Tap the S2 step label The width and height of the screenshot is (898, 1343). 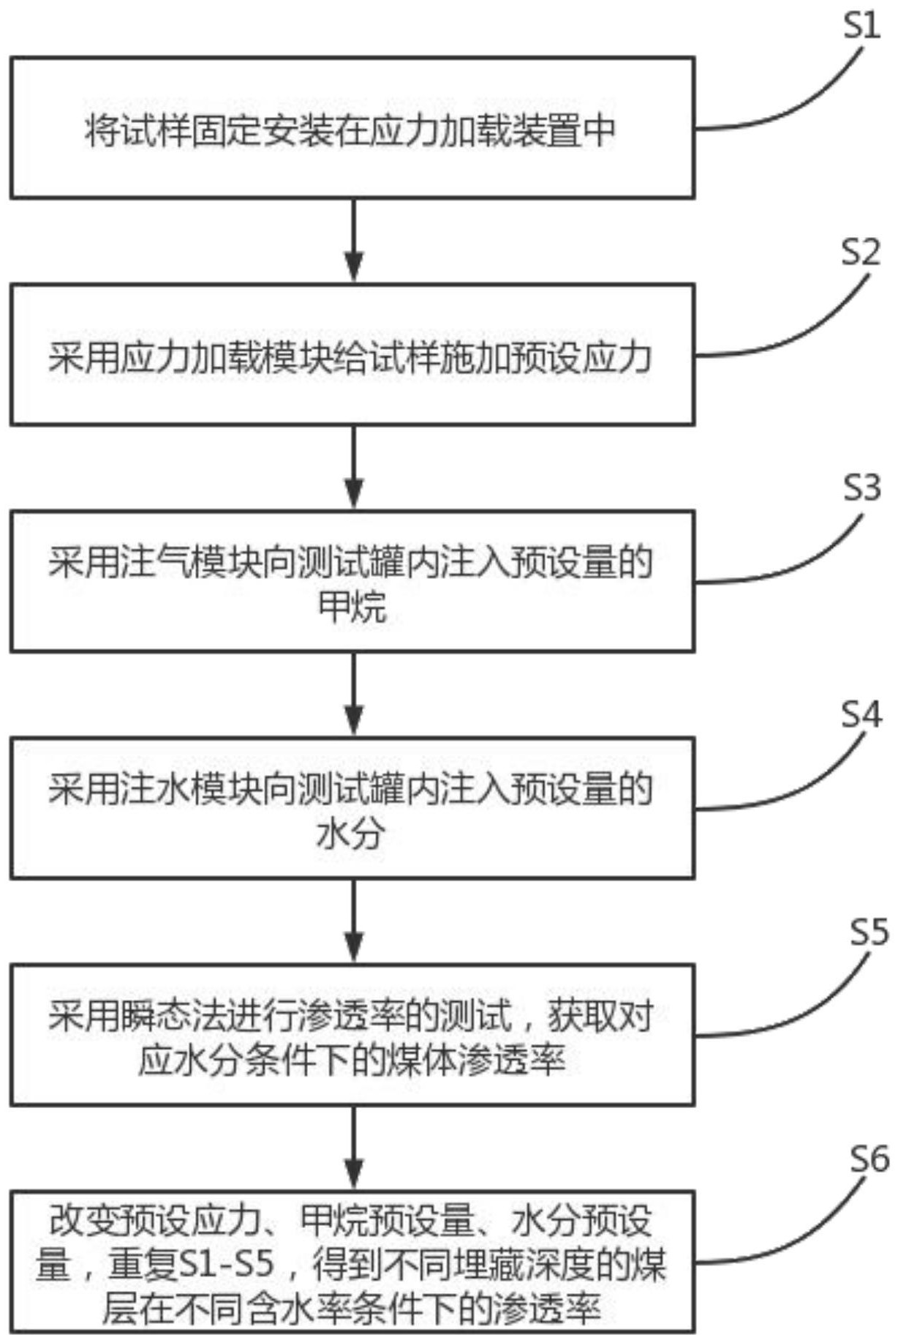[860, 252]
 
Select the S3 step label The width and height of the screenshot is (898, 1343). [861, 487]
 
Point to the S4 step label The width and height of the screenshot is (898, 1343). [861, 714]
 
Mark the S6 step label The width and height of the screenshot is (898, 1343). [868, 1159]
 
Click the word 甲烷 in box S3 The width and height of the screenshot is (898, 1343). [352, 607]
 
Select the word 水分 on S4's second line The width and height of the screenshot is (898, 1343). [351, 834]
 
